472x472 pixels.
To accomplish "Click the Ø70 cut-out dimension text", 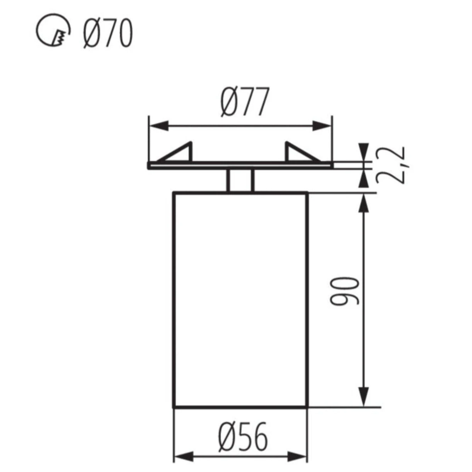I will [x=107, y=34].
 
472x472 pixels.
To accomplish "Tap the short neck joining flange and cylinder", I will [x=240, y=180].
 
